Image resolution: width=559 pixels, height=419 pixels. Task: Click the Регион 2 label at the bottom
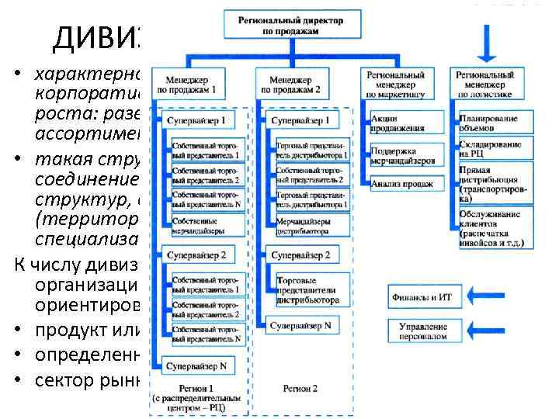point(300,388)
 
